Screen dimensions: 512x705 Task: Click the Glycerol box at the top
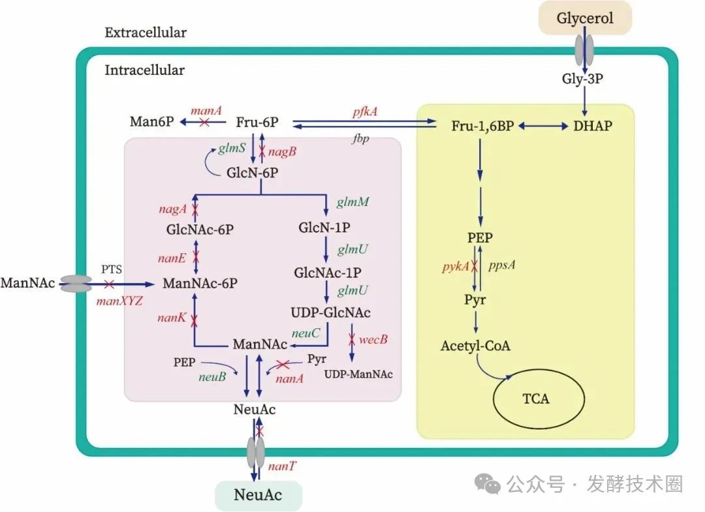pos(585,18)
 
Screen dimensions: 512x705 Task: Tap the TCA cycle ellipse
pos(535,398)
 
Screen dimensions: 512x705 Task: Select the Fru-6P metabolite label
pos(258,121)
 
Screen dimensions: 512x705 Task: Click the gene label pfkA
pos(364,112)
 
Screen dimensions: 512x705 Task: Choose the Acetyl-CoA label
pos(475,346)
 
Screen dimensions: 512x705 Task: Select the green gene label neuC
pos(305,333)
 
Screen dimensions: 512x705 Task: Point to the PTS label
pos(112,268)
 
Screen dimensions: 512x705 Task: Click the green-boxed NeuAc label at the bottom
pos(258,495)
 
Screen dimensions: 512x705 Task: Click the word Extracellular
pos(146,32)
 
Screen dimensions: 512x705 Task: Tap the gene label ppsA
pos(502,267)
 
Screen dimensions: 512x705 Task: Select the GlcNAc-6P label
pos(200,230)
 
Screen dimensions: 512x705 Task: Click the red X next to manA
pos(204,122)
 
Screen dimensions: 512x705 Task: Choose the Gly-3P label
pos(584,79)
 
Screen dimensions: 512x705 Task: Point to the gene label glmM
pos(353,202)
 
